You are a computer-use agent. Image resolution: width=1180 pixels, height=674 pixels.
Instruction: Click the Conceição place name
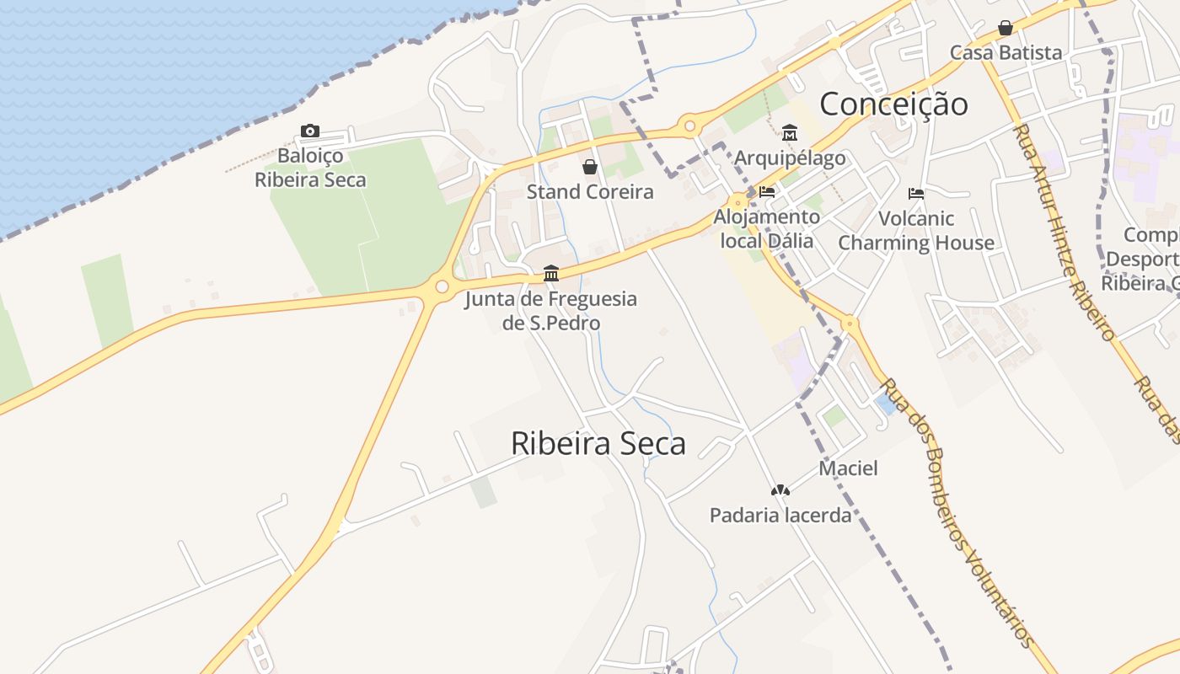(x=893, y=104)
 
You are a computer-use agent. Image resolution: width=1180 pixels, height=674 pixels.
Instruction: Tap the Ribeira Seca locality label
(x=598, y=443)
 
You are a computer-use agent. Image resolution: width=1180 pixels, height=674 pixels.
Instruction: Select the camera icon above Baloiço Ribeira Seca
(x=310, y=131)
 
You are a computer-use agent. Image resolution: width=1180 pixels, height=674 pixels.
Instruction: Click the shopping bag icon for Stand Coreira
(x=590, y=167)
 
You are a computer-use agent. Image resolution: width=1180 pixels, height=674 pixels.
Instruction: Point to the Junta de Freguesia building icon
(x=551, y=273)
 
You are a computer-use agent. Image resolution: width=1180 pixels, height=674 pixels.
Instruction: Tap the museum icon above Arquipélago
(x=790, y=133)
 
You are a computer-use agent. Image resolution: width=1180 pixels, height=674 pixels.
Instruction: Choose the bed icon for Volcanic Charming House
(x=916, y=194)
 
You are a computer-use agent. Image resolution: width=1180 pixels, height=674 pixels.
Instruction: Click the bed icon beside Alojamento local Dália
(x=767, y=192)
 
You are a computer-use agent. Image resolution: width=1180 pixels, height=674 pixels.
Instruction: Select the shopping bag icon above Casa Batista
(x=1006, y=28)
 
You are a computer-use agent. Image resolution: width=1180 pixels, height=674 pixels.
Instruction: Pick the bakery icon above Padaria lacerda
(x=780, y=489)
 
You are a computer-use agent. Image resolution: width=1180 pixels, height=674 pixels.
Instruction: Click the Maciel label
(x=848, y=468)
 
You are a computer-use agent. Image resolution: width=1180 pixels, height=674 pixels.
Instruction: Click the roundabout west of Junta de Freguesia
(x=442, y=287)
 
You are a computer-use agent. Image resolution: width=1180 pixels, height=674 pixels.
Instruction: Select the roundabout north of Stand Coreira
(x=690, y=127)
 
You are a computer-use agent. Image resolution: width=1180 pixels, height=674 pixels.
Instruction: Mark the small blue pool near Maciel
(x=886, y=404)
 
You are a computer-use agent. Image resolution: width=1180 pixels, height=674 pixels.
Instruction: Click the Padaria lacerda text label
(x=780, y=515)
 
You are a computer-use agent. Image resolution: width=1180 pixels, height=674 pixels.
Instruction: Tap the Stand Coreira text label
(x=590, y=192)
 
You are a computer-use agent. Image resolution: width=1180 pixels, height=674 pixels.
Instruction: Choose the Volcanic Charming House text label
(x=916, y=231)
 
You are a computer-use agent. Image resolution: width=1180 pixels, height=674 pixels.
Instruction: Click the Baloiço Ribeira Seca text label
(x=310, y=168)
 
